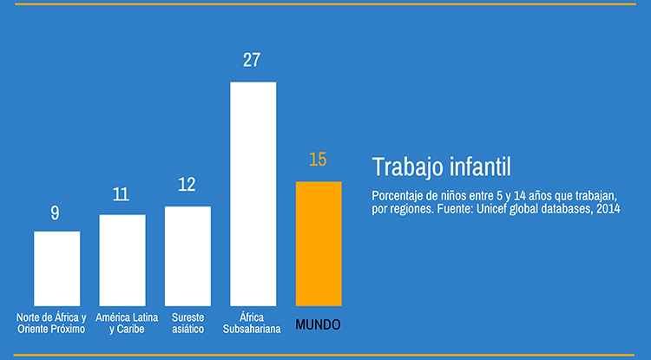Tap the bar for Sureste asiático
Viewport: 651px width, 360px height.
pos(187,256)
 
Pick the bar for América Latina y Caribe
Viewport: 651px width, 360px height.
pos(122,259)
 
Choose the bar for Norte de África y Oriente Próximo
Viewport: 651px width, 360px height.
pos(56,268)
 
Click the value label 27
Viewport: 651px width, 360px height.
pos(253,61)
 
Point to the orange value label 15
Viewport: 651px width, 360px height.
pos(318,160)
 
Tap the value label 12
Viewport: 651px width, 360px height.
pos(187,185)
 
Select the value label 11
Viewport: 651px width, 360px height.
pos(122,193)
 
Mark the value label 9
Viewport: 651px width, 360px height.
pos(56,213)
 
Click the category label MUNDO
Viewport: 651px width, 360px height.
pos(318,324)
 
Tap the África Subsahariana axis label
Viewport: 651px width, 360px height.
pos(252,324)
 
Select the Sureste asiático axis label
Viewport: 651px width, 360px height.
pos(187,324)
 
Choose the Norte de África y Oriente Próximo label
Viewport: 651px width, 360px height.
pos(52,324)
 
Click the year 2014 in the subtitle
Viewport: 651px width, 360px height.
pos(607,210)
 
